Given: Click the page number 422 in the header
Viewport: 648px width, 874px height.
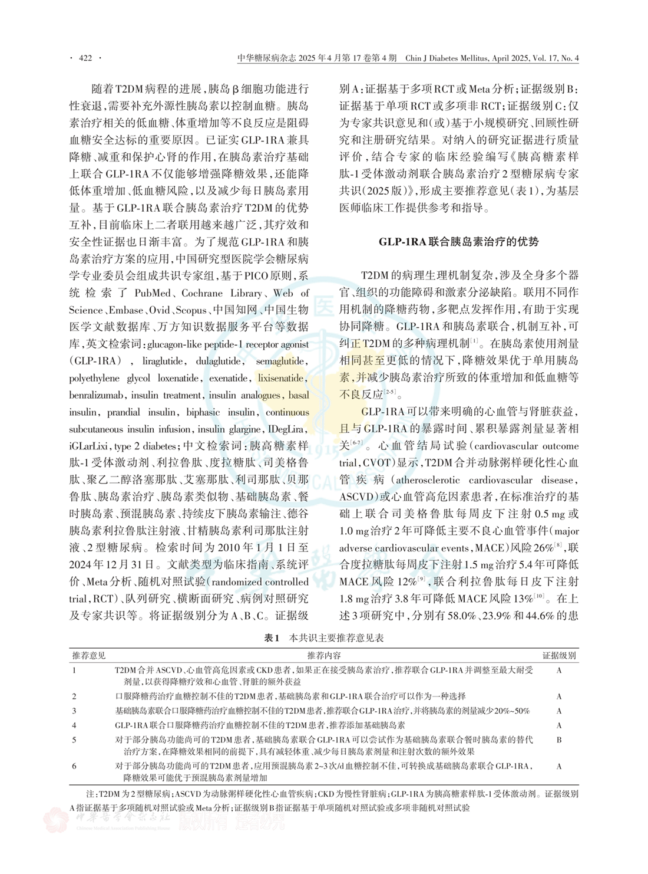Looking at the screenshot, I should [86, 58].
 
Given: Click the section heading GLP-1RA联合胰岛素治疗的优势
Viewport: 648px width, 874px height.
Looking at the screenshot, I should [459, 242].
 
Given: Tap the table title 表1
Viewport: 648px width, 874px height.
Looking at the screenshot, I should [272, 638].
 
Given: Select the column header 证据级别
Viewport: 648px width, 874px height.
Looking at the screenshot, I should [559, 656].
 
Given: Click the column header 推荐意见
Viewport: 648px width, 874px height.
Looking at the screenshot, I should [89, 656].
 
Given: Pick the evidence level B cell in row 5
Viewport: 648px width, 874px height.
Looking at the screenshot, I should [559, 740].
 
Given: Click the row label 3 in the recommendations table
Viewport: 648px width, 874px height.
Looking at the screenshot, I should [74, 711].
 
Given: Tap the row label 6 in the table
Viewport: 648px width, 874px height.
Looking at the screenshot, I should [74, 765].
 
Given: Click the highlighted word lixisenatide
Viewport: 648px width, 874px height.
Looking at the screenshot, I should [282, 378].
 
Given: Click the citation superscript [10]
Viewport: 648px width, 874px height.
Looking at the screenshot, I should [538, 596].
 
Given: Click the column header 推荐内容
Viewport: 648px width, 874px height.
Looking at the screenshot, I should [323, 656].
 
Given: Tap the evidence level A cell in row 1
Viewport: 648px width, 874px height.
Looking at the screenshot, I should [559, 671].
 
